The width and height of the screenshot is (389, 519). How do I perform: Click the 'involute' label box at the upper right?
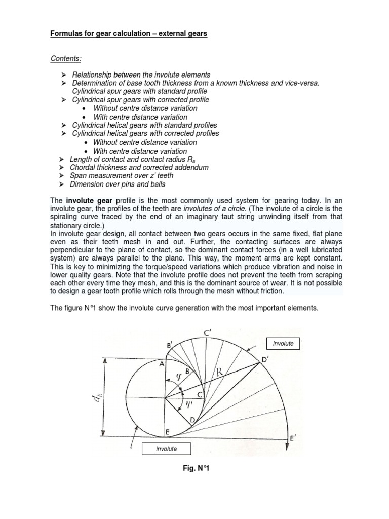(283, 344)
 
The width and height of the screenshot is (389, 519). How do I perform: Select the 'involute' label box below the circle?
(160, 449)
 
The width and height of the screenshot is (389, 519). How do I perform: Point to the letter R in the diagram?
(220, 373)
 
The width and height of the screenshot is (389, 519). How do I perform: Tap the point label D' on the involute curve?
(265, 360)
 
